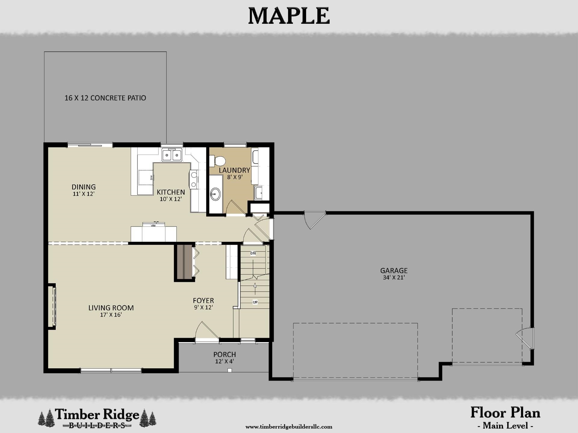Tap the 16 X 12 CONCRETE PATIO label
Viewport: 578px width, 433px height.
coord(105,98)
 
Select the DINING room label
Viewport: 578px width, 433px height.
coord(84,190)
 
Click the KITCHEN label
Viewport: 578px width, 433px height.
coord(171,195)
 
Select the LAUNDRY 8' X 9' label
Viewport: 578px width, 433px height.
coord(235,173)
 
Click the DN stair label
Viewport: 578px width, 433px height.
coord(253,253)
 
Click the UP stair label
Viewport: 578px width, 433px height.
coord(255,302)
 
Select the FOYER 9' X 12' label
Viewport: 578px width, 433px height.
coord(204,303)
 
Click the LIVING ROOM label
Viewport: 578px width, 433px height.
coord(111,311)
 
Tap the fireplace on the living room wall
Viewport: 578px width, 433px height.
coord(52,306)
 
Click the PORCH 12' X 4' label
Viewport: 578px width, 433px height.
coord(225,358)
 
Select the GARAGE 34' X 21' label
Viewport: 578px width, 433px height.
coord(394,274)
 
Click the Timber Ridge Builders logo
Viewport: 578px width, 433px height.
coord(97,418)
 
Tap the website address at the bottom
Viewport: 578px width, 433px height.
coord(289,427)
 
